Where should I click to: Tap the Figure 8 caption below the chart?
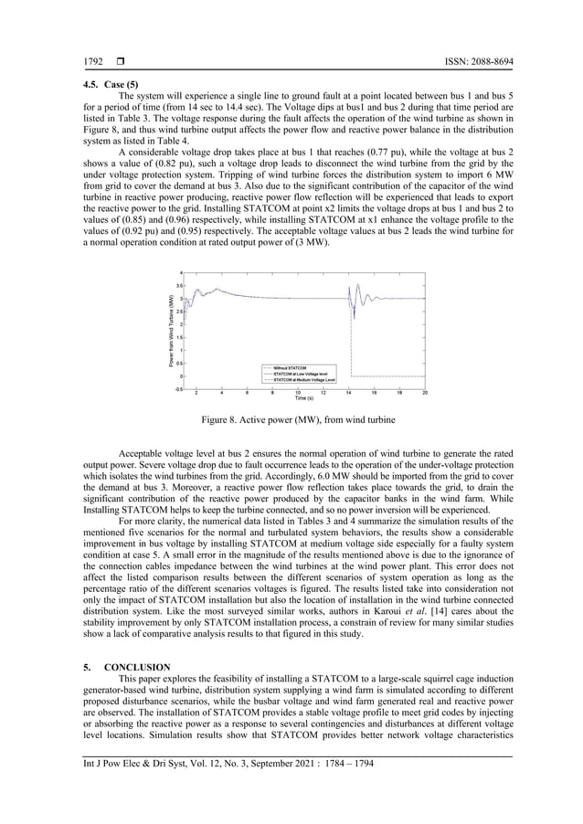click(299, 419)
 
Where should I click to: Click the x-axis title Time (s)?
click(303, 398)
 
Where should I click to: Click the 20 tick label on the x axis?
click(425, 394)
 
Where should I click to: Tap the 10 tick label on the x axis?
click(298, 394)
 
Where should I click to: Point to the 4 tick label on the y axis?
click(181, 273)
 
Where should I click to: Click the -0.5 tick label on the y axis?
click(179, 388)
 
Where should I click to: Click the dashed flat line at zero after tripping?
click(388, 375)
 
